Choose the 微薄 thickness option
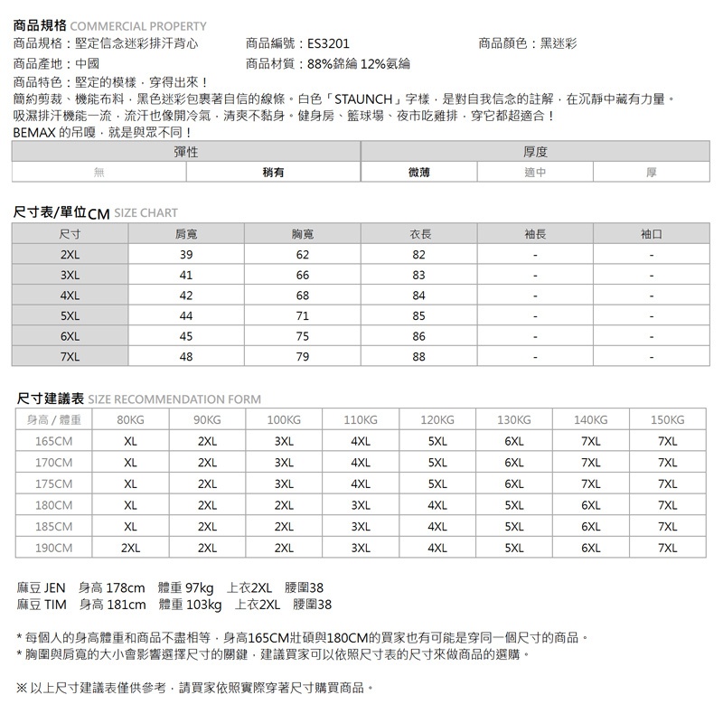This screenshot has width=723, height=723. click(418, 172)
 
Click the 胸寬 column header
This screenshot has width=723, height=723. click(303, 234)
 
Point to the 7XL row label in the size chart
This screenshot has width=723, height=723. click(70, 356)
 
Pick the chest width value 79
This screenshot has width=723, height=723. click(303, 356)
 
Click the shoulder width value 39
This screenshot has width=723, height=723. click(186, 255)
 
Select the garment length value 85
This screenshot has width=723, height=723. click(418, 315)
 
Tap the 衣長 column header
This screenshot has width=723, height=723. click(418, 234)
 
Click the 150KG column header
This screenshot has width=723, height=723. click(668, 420)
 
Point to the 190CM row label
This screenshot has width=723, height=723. click(53, 548)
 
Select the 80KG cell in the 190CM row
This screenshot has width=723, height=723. click(130, 548)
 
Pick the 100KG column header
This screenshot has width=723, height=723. click(284, 420)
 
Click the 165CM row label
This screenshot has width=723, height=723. click(53, 442)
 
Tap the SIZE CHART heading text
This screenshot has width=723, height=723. click(146, 213)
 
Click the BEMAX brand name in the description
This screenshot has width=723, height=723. click(34, 133)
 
